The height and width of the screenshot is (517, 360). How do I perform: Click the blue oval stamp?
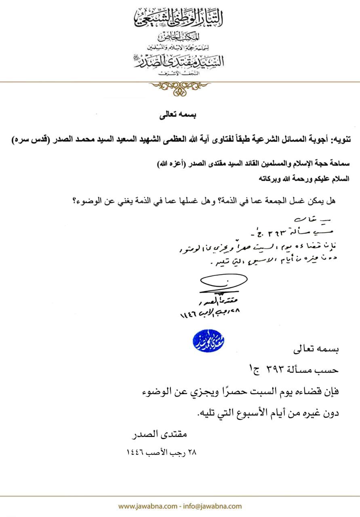tap(209, 342)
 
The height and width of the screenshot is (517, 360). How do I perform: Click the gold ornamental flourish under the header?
tap(180, 87)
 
